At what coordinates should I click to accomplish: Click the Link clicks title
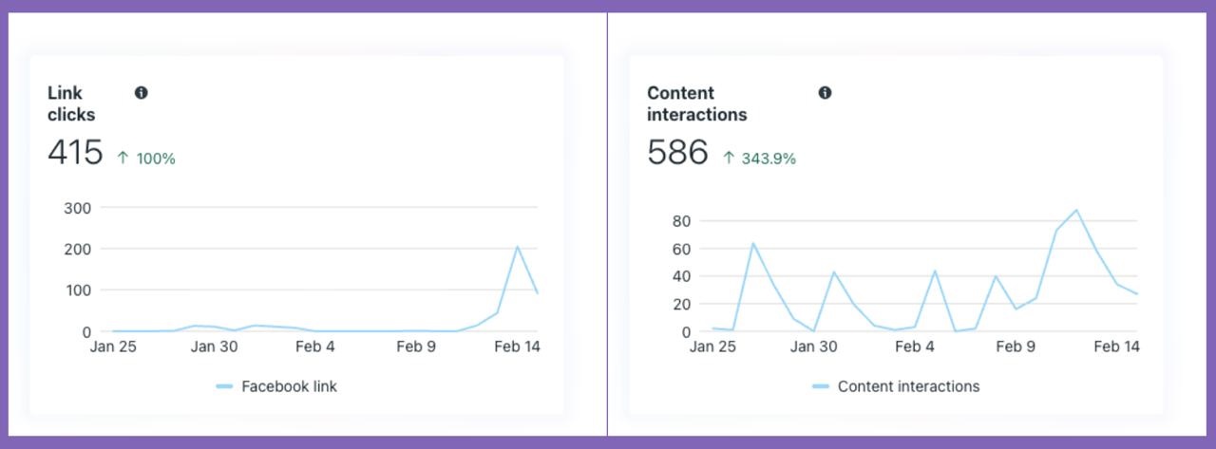(x=71, y=103)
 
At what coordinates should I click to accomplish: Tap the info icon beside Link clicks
(x=142, y=93)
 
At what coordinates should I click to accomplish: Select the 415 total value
(x=75, y=152)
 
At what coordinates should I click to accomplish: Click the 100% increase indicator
(x=146, y=159)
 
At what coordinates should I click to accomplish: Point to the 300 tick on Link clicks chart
(x=77, y=208)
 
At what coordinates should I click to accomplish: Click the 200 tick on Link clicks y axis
(x=77, y=249)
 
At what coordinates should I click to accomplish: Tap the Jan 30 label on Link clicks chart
(x=214, y=346)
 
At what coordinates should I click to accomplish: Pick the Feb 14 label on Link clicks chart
(x=517, y=346)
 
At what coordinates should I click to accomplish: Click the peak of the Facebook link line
(x=518, y=247)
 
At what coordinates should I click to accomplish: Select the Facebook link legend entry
(x=277, y=386)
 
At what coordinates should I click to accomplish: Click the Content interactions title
(x=696, y=103)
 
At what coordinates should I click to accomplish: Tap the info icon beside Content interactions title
(x=825, y=93)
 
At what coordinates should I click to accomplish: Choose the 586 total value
(x=677, y=152)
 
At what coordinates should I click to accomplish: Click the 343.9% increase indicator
(x=759, y=159)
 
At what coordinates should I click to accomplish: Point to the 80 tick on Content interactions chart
(x=681, y=221)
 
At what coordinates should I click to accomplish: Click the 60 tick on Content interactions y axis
(x=681, y=249)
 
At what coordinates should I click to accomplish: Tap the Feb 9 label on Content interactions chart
(x=1016, y=346)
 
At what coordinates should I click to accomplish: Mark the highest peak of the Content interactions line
(x=1076, y=210)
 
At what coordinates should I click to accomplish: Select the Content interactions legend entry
(x=897, y=386)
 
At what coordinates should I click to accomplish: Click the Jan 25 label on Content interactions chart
(x=712, y=346)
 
